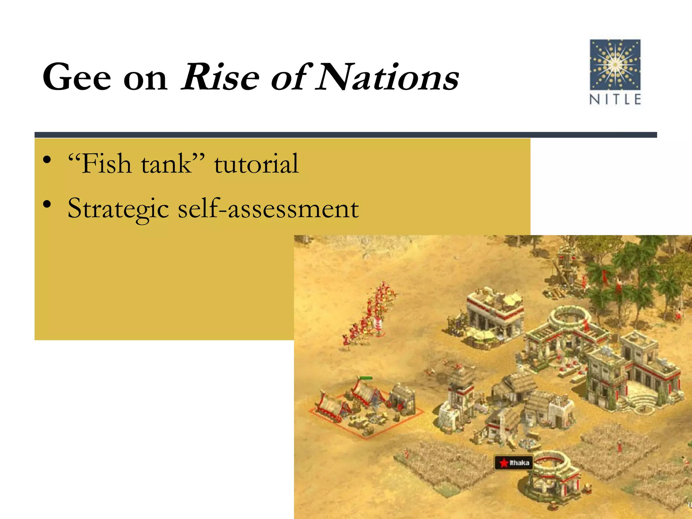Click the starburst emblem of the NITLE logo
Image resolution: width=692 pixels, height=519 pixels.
(x=615, y=64)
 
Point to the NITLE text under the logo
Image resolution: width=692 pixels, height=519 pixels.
(x=615, y=99)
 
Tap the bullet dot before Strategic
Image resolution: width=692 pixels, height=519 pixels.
(x=47, y=204)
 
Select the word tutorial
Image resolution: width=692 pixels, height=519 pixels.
(x=256, y=164)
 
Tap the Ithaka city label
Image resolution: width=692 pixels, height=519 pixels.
(x=519, y=463)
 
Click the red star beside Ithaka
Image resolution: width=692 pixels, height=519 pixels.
(x=504, y=463)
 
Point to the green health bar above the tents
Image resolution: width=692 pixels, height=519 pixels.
(x=366, y=378)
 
